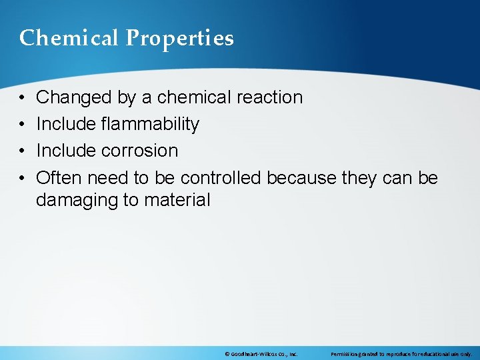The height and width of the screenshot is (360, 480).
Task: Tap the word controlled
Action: (222, 177)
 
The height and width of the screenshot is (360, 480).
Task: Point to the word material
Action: (176, 199)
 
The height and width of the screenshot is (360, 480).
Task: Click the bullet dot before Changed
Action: (22, 98)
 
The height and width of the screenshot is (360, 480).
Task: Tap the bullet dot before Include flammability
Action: (22, 125)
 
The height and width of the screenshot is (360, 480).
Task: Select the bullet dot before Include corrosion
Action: (22, 151)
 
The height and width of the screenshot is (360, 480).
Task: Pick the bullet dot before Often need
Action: (22, 178)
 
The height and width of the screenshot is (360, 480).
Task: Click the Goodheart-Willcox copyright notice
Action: (261, 353)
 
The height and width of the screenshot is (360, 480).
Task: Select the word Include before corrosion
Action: (67, 151)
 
